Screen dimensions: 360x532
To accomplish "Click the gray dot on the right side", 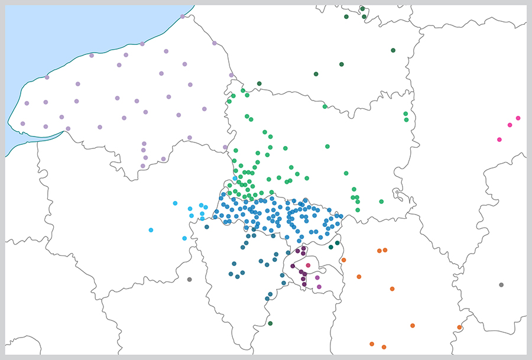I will [x=501, y=285].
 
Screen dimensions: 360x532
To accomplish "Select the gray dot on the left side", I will [x=189, y=279].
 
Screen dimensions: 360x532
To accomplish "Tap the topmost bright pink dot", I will [x=518, y=118].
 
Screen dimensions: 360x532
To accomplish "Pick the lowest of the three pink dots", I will [x=499, y=140].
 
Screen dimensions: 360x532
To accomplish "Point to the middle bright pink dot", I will [x=510, y=125].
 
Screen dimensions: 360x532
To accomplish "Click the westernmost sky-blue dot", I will [x=151, y=230].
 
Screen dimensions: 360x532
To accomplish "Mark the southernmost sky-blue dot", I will [x=185, y=238].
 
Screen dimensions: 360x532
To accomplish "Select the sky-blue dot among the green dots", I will [x=235, y=178].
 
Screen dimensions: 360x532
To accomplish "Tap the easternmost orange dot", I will [x=459, y=327].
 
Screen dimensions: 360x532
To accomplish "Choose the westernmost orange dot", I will [x=343, y=260].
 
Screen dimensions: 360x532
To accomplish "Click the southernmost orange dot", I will [x=384, y=347].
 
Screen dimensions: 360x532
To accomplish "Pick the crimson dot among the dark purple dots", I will [x=308, y=265].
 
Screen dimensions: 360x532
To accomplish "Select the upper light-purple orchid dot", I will [x=317, y=277].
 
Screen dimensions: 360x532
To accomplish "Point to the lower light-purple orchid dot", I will [x=319, y=287].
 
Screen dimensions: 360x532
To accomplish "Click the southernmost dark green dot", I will [x=270, y=323].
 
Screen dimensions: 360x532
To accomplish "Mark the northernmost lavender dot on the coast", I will [x=183, y=17].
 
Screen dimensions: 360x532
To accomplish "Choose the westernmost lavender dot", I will [x=22, y=124].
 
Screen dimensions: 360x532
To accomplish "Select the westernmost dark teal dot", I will [x=207, y=227].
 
